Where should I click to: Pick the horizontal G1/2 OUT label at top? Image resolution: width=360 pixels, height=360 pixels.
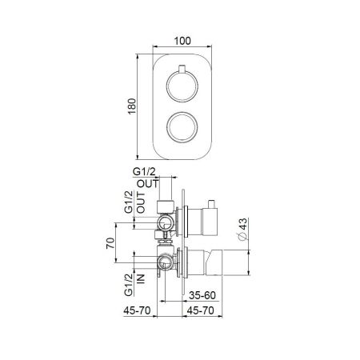coord(144,178)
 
